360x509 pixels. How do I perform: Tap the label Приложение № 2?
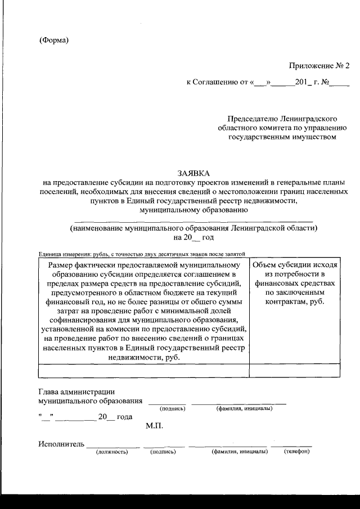319,66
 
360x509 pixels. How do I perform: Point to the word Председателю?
251,119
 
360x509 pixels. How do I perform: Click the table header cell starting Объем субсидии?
295,283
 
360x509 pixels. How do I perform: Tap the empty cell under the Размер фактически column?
143,370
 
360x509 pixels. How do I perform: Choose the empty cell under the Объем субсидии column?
295,370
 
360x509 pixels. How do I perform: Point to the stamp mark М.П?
154,426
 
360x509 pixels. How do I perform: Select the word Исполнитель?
61,444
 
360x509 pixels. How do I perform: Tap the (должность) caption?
112,452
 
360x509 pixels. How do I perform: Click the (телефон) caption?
296,452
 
